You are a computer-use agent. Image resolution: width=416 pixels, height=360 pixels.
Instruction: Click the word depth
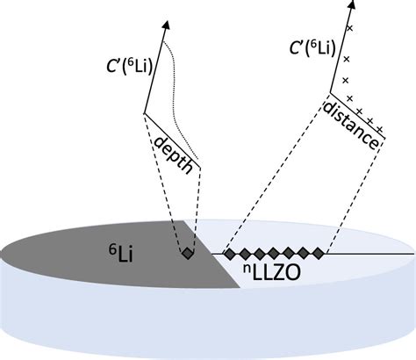click(x=174, y=155)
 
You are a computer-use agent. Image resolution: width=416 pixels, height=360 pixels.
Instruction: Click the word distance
click(x=350, y=126)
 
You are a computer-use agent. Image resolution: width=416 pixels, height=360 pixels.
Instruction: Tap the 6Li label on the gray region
click(x=121, y=254)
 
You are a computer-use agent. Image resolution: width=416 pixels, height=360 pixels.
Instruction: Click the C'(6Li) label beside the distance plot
click(x=312, y=47)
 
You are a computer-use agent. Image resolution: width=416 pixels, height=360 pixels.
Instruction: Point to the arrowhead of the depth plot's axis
click(x=166, y=25)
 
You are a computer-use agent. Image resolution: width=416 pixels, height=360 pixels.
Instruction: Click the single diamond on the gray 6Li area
click(x=187, y=253)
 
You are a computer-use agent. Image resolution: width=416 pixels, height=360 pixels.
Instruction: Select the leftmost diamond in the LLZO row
click(x=230, y=254)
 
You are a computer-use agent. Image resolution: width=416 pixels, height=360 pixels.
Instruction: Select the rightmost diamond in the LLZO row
click(x=319, y=254)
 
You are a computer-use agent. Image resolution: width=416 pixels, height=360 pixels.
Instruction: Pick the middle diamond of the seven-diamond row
click(x=275, y=254)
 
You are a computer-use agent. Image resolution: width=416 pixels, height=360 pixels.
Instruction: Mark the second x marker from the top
click(x=347, y=60)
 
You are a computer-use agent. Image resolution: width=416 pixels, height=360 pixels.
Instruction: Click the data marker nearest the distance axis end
click(x=379, y=128)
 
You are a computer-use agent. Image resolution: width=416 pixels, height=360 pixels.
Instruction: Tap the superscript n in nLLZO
click(x=247, y=268)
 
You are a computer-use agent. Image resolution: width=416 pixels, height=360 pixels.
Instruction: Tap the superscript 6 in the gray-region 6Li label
click(x=112, y=249)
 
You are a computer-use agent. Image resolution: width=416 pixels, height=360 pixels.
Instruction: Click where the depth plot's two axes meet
click(x=144, y=113)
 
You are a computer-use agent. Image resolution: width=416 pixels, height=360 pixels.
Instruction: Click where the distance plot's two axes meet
click(x=330, y=93)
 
